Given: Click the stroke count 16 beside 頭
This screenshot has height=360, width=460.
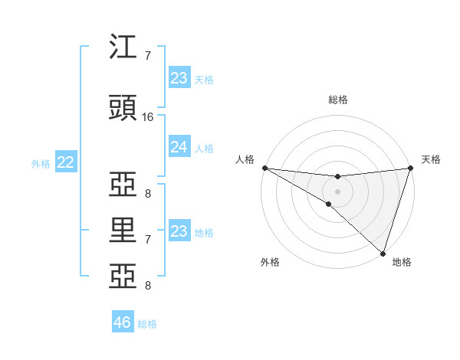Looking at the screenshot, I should pos(149,117).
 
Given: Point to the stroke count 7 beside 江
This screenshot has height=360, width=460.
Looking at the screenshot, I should pos(149,56).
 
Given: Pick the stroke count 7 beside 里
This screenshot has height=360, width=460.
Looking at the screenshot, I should pos(149,240).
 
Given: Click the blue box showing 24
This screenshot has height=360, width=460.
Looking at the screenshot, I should pos(179,147).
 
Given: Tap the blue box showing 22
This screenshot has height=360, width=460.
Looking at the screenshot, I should pos(66,162).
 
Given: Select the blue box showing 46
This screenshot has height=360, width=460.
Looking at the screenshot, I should pos(123,322).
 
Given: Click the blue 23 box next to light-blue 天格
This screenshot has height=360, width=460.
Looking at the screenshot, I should pos(179,78).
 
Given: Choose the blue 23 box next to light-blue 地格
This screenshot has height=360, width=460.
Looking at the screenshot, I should pos(179,231).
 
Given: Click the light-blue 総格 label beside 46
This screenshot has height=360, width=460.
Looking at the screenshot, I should pos(147,324).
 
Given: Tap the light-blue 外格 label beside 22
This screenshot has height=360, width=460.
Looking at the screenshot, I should pos(40,163).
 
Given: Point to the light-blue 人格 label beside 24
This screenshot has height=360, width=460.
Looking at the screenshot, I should pos(204,148).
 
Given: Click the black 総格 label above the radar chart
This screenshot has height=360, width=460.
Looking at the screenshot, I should pos(337,100).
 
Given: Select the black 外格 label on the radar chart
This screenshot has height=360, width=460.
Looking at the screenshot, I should pos(270,262).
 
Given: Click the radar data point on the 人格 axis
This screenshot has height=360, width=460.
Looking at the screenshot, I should pos(264,168).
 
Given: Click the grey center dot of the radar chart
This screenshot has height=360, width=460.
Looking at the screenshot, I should pos(337,191).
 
